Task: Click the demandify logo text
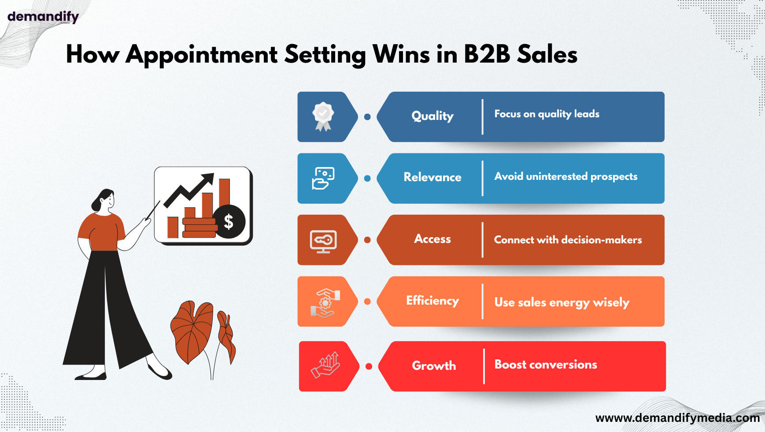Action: pyautogui.click(x=43, y=17)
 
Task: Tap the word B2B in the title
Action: pyautogui.click(x=487, y=55)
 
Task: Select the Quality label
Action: pyautogui.click(x=432, y=116)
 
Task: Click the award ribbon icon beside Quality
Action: pyautogui.click(x=323, y=117)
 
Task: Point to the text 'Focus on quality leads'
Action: pyautogui.click(x=547, y=114)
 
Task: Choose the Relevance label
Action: pyautogui.click(x=432, y=177)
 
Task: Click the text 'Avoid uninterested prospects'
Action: pyautogui.click(x=566, y=177)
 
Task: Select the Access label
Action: pyautogui.click(x=432, y=239)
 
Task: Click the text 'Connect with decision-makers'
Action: pyautogui.click(x=568, y=240)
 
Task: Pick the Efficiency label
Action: pyautogui.click(x=432, y=301)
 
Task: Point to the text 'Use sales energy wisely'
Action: pyautogui.click(x=562, y=302)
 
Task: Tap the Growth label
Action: pyautogui.click(x=434, y=366)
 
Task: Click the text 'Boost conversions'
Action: pyautogui.click(x=546, y=365)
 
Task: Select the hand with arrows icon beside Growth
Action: pyautogui.click(x=325, y=365)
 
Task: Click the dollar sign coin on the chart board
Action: pyautogui.click(x=229, y=222)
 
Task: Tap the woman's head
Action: pyautogui.click(x=103, y=201)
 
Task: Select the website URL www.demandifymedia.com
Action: pyautogui.click(x=677, y=418)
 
